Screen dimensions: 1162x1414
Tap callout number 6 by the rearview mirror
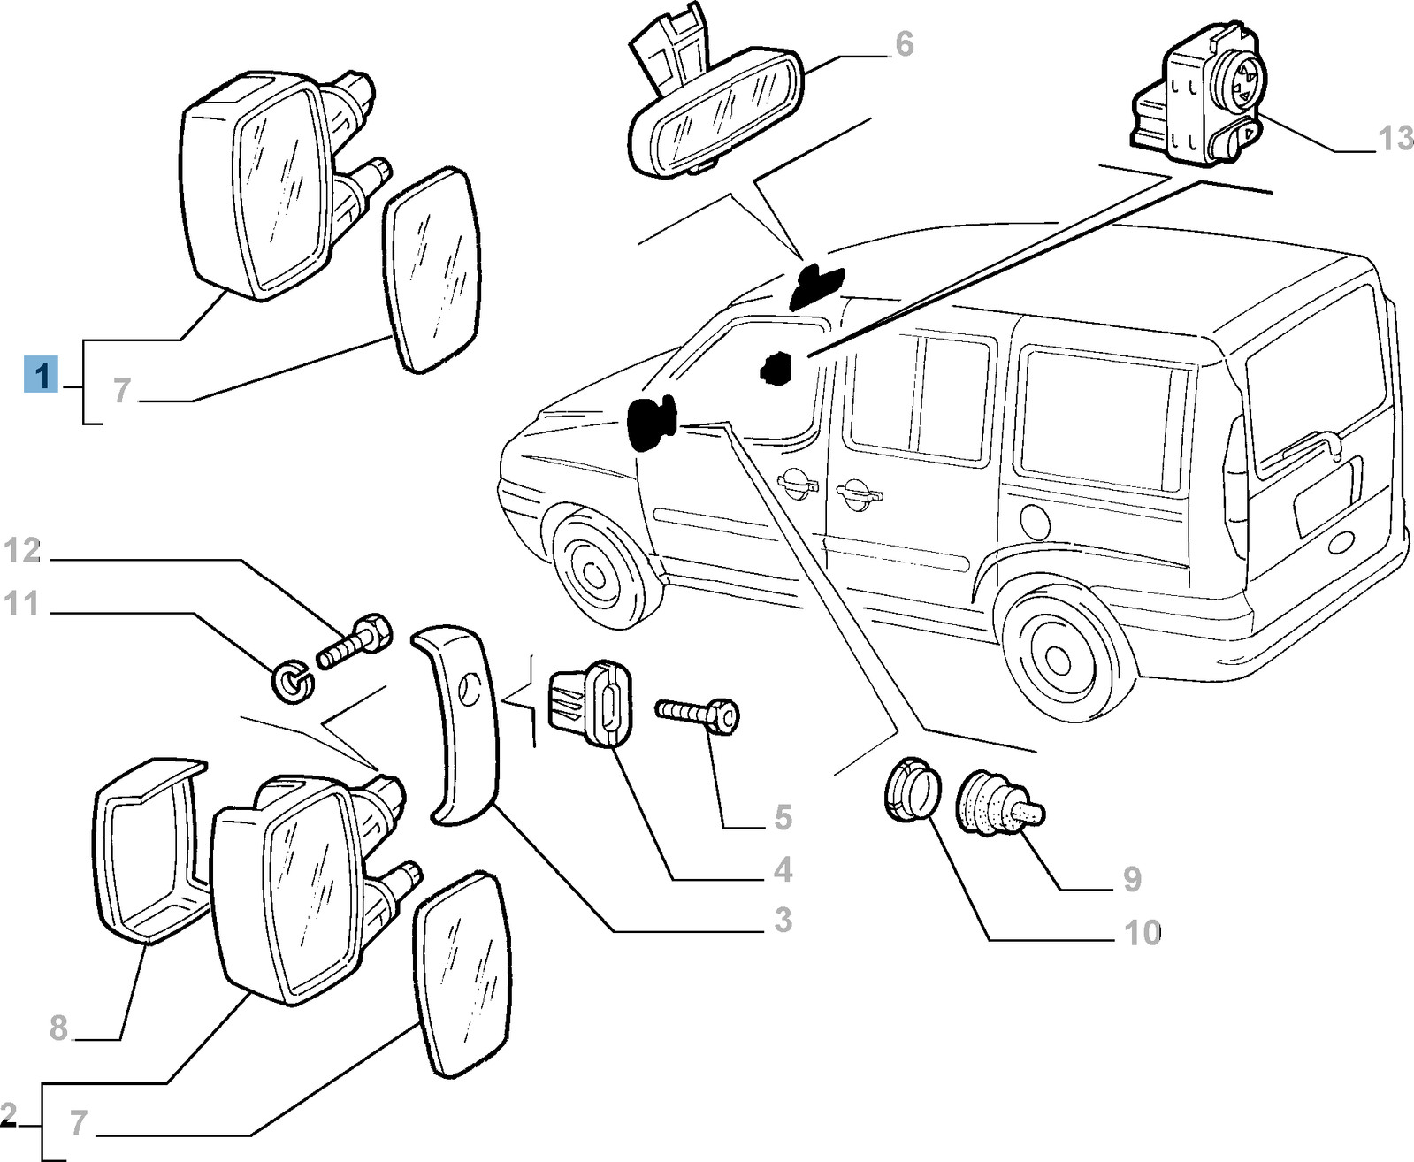coord(904,43)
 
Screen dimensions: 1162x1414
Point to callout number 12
coord(22,550)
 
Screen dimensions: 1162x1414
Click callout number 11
coord(22,605)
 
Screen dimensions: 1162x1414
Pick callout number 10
coord(1142,933)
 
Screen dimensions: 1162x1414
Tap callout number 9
coord(1132,879)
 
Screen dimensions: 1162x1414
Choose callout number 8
coord(58,1028)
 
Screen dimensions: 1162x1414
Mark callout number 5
coord(783,818)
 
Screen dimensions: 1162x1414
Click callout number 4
coord(783,871)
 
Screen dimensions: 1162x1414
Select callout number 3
coord(783,921)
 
